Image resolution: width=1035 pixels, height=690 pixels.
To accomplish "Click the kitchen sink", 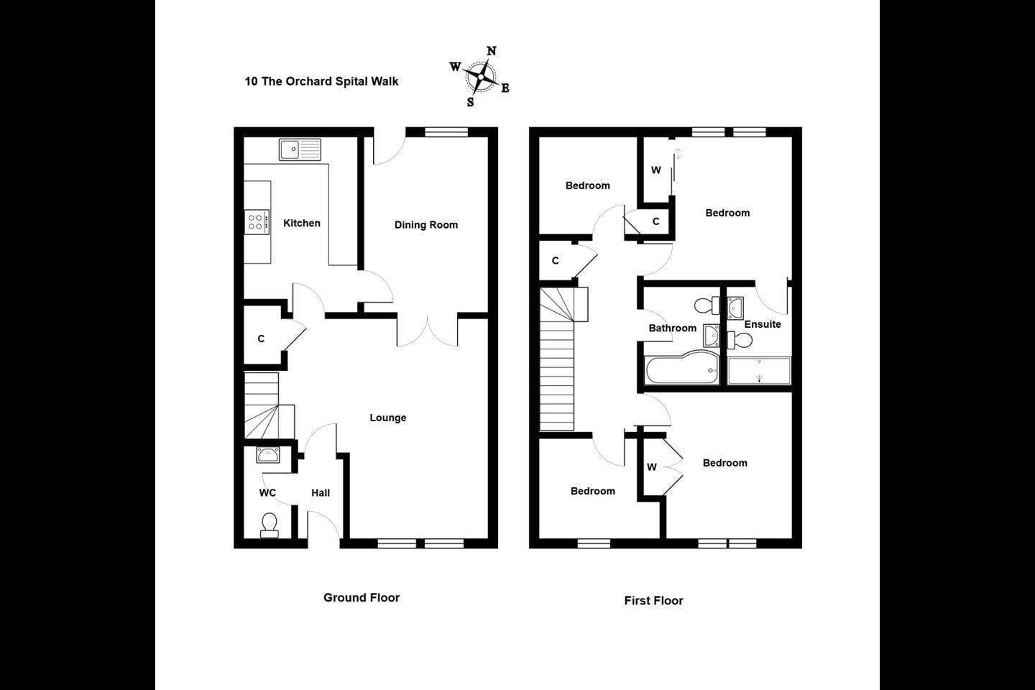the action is point(300,149).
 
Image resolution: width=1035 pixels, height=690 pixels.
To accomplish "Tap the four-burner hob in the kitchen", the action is point(257,222).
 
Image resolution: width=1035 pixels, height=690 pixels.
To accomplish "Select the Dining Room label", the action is point(426,225).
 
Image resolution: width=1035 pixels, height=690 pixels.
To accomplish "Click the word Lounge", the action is point(388,418).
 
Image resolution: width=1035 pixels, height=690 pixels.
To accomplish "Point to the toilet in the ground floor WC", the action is point(269,526).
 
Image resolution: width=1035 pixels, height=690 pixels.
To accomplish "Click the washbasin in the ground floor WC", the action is point(268,455).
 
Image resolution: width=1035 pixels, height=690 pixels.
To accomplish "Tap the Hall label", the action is point(321,493).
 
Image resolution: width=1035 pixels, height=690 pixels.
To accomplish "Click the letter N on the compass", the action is point(492,51).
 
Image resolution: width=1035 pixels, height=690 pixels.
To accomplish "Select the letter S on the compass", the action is point(470,102).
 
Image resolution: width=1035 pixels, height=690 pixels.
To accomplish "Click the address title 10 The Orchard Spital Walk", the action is point(321,81).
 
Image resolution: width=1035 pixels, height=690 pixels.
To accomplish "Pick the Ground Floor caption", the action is point(362,597).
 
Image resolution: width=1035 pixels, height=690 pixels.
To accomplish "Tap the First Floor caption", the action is point(653,600).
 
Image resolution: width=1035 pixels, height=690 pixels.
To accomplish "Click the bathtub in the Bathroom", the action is point(682,368).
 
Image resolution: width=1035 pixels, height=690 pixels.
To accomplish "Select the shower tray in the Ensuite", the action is point(759,371).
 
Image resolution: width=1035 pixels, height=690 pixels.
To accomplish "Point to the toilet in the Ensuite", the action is point(740,341).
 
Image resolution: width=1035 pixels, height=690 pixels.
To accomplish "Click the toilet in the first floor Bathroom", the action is point(707,305).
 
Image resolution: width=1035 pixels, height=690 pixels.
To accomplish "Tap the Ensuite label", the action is point(763,324).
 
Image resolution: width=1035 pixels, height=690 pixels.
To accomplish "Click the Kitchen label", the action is point(302,224).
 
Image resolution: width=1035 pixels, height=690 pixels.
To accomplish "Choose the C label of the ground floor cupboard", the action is point(261,339).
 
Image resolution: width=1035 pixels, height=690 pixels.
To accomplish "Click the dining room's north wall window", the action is point(446,132).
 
